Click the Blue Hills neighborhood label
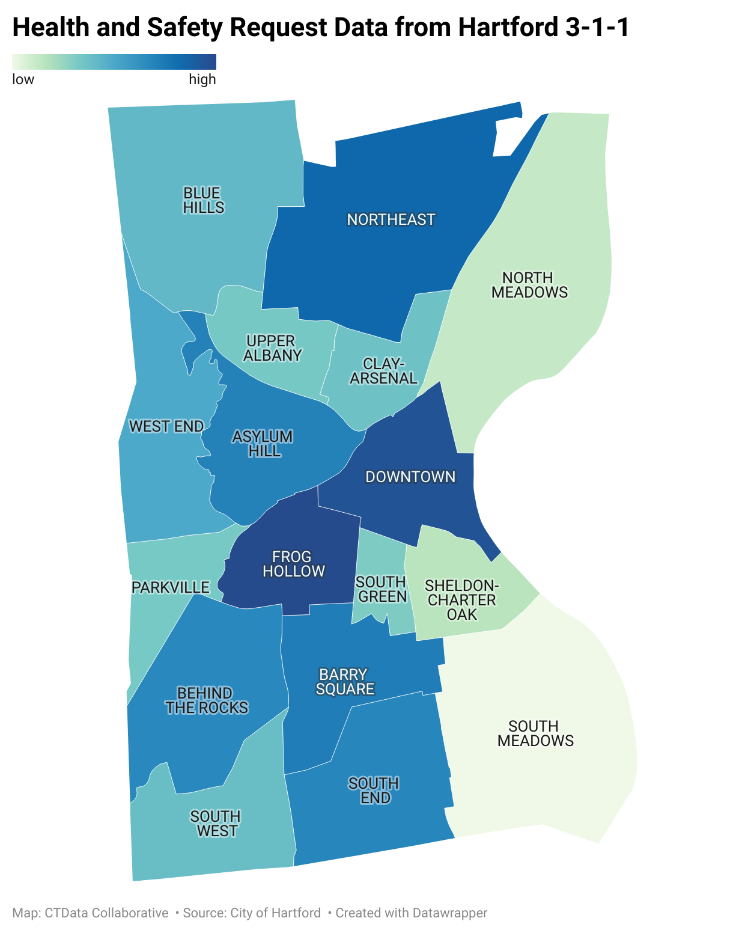click(203, 200)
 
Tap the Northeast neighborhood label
click(391, 219)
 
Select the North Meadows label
click(529, 285)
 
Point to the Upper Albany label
click(272, 348)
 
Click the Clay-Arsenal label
click(383, 371)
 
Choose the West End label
click(166, 426)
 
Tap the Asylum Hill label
click(263, 444)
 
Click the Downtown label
click(410, 477)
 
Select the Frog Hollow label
click(293, 564)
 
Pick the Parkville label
click(171, 587)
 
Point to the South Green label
click(382, 589)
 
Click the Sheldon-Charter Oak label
click(461, 600)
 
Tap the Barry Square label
click(344, 682)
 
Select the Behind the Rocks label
click(206, 700)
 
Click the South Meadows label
click(535, 733)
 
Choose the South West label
click(216, 824)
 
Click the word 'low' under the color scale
click(23, 79)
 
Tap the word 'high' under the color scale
click(202, 79)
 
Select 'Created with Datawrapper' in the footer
click(411, 913)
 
